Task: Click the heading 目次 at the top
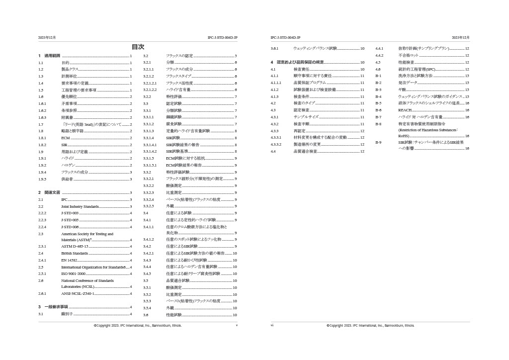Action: [x=138, y=47]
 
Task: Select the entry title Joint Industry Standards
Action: [x=80, y=206]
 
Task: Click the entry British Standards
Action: [x=75, y=254]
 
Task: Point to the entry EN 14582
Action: [x=69, y=260]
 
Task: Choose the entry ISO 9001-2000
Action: [x=74, y=273]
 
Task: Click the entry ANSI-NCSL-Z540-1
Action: [x=78, y=294]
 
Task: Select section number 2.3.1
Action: [x=42, y=247]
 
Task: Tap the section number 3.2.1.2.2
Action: [x=150, y=90]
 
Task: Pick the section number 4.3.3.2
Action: [x=276, y=144]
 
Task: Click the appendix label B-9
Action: [x=378, y=142]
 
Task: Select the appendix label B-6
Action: [x=378, y=110]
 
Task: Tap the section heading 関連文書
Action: [x=52, y=192]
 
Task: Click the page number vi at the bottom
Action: [x=272, y=326]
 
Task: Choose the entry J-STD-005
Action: [x=70, y=220]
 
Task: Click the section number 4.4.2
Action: [x=379, y=56]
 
